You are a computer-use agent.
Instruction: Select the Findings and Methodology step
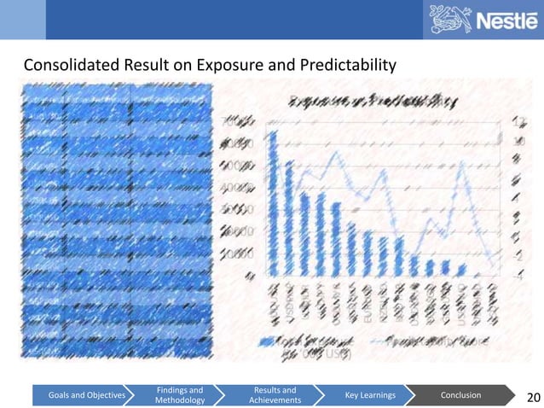(179, 395)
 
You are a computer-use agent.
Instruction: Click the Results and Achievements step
(275, 395)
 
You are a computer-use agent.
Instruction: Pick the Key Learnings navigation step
(367, 395)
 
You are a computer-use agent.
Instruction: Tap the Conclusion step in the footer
(460, 395)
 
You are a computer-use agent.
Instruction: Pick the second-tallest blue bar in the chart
(290, 218)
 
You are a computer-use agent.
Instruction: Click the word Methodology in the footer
(179, 400)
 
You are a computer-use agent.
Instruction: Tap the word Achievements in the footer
(275, 400)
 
